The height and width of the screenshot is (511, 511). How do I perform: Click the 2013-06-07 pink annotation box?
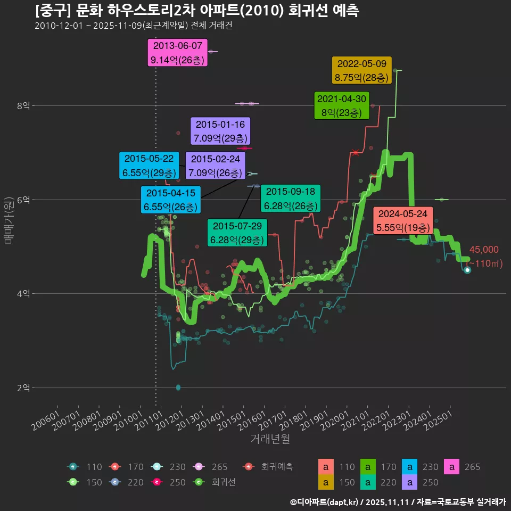177,53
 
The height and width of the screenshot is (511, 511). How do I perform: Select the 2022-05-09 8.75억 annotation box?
362,70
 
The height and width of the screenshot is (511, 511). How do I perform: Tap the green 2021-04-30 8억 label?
341,106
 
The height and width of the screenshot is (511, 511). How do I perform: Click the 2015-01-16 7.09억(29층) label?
220,131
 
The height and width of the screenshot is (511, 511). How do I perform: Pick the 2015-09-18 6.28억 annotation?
290,199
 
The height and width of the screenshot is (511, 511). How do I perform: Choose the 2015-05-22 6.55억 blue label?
149,166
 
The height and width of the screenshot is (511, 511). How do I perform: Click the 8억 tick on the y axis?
23,106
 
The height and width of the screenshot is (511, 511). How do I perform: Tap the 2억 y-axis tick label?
23,388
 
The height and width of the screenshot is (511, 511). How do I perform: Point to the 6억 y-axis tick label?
23,200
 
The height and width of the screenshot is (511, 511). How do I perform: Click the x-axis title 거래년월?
270,439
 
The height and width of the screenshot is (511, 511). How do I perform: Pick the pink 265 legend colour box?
452,467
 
